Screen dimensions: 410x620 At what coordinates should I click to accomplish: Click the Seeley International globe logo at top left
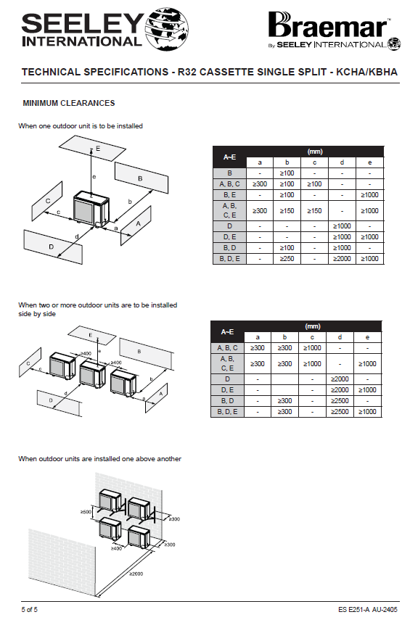click(x=167, y=29)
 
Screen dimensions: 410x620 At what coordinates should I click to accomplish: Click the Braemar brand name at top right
click(x=328, y=25)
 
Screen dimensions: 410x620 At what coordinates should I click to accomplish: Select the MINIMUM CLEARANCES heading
click(x=69, y=103)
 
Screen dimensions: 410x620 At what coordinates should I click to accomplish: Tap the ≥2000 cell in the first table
click(x=342, y=259)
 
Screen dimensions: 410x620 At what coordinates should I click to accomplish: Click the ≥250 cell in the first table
click(x=287, y=259)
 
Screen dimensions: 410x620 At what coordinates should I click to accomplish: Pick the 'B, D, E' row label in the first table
click(x=229, y=259)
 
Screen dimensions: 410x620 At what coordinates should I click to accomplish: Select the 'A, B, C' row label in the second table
click(x=227, y=348)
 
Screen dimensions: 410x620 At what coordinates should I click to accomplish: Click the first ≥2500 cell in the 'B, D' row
click(x=340, y=400)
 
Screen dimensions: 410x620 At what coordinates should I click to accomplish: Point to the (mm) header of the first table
click(x=315, y=152)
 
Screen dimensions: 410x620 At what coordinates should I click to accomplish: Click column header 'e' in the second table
click(x=368, y=337)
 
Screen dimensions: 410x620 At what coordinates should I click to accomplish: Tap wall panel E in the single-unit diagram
click(x=92, y=148)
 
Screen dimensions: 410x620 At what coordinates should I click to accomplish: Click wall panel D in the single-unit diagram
click(x=53, y=247)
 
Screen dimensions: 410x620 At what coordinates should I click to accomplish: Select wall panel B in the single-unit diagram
click(x=142, y=178)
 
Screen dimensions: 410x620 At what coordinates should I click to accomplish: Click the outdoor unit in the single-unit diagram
click(x=91, y=209)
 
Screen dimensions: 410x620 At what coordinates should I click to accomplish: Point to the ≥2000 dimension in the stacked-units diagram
click(x=136, y=574)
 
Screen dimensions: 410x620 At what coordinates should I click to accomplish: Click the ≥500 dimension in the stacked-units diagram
click(x=86, y=512)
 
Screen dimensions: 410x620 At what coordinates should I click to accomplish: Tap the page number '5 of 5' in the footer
click(x=30, y=609)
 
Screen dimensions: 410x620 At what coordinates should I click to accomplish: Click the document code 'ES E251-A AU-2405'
click(x=368, y=609)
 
